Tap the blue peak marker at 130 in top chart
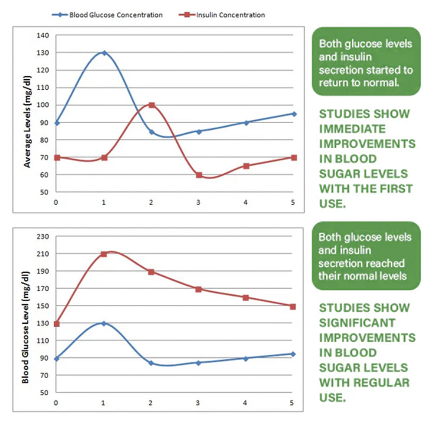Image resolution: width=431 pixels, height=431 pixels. click(x=104, y=53)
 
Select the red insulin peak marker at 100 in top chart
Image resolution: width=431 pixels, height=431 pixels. click(x=151, y=105)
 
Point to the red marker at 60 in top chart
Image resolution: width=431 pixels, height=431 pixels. click(x=199, y=175)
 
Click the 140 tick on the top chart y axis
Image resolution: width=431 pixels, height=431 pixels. click(x=45, y=35)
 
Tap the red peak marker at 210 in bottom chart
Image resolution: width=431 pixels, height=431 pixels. click(x=104, y=254)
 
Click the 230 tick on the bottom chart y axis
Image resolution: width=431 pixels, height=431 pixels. click(x=44, y=237)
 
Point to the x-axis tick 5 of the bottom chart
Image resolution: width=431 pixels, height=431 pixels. click(x=292, y=403)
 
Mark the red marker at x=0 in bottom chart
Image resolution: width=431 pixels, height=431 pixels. click(x=56, y=324)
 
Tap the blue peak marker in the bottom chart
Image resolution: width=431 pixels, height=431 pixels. click(x=104, y=323)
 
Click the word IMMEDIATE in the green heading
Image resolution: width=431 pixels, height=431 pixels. click(x=352, y=129)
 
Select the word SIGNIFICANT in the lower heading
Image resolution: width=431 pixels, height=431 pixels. click(x=357, y=323)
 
